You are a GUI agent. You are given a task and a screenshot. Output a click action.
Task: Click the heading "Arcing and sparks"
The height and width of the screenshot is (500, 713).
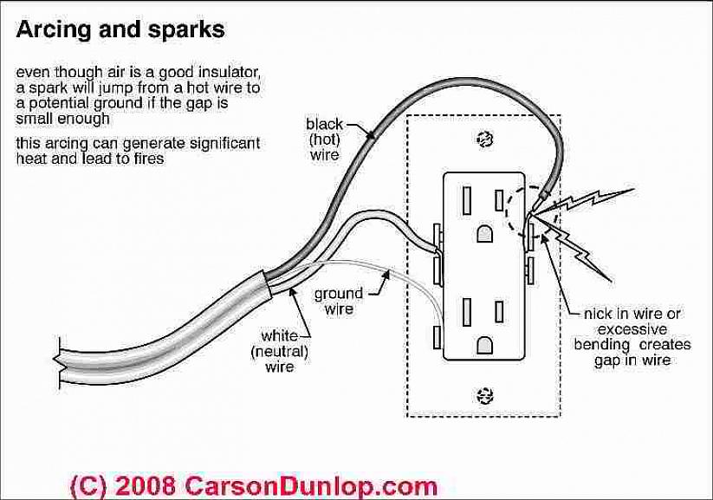(120, 29)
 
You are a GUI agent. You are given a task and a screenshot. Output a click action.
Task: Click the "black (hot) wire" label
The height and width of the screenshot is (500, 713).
(325, 139)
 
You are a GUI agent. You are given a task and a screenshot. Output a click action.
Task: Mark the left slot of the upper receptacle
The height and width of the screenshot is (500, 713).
(466, 200)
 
